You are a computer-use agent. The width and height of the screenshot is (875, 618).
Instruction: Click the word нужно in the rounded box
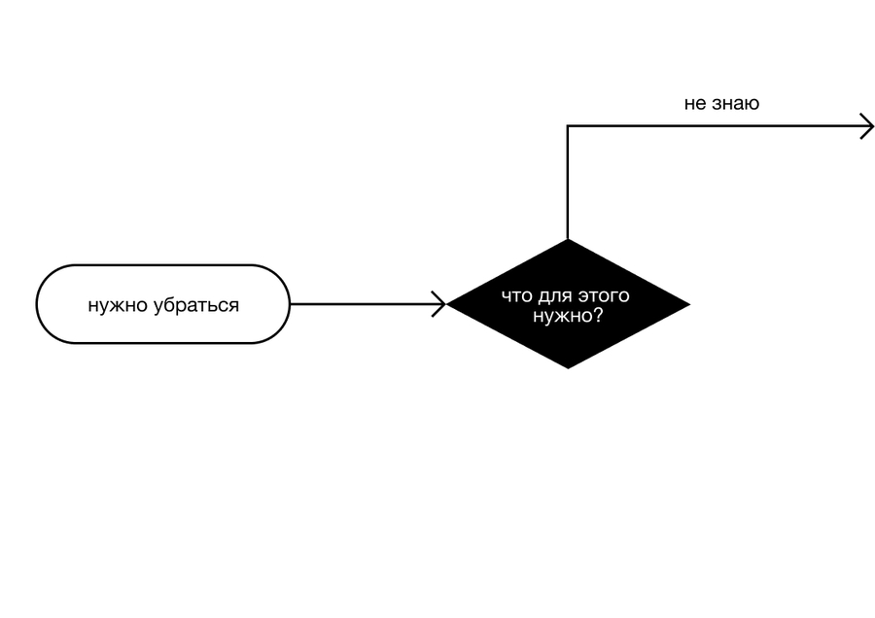click(118, 306)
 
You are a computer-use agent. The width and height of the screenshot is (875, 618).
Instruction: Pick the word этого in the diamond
click(604, 296)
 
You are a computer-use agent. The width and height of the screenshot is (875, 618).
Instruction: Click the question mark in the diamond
click(597, 315)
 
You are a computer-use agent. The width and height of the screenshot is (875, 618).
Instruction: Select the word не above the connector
click(695, 104)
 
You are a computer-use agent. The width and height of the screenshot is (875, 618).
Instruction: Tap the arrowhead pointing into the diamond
click(439, 304)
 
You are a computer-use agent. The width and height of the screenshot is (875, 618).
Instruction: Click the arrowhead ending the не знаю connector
click(867, 126)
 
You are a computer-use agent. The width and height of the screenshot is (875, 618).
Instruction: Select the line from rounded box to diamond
click(367, 304)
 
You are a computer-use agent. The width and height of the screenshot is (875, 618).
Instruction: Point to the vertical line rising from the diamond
click(568, 183)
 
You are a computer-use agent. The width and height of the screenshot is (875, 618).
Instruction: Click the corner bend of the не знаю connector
click(568, 126)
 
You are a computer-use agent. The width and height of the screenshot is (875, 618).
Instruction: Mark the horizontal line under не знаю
click(719, 126)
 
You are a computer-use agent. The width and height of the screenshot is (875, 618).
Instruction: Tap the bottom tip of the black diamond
click(568, 368)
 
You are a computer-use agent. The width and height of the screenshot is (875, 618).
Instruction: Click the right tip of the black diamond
click(690, 304)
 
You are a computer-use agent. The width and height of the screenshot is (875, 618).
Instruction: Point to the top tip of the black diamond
click(568, 239)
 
